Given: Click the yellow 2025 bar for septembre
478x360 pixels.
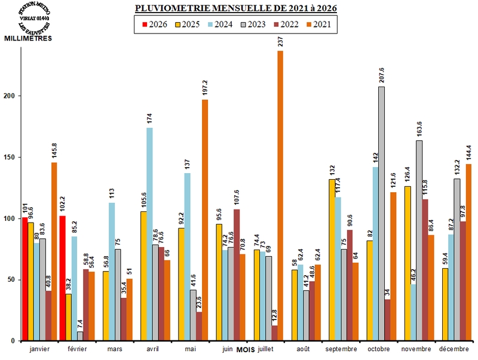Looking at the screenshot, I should coord(332,260).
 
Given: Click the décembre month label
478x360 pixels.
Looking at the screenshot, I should coord(455,349).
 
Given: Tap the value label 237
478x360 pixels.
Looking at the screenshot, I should coord(280,42).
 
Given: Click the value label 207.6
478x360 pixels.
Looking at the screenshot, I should coord(381,75).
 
